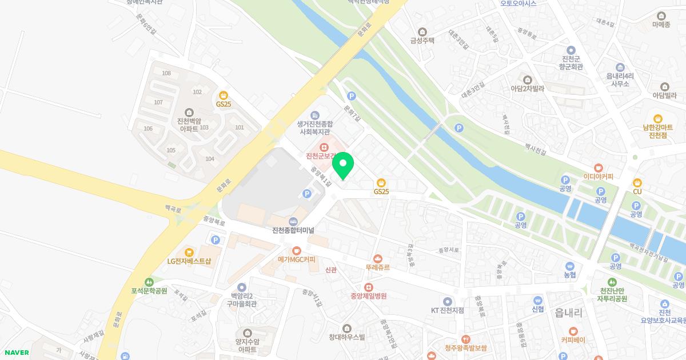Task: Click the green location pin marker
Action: pyautogui.click(x=343, y=165)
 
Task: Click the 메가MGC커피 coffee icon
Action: pyautogui.click(x=296, y=250)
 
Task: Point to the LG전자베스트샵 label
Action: pyautogui.click(x=189, y=261)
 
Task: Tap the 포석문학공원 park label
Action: pyautogui.click(x=149, y=291)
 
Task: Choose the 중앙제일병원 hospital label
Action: pyautogui.click(x=369, y=296)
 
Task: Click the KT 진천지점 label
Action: pyautogui.click(x=448, y=310)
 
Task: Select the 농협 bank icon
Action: pyautogui.click(x=569, y=266)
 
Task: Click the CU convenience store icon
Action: pyautogui.click(x=637, y=182)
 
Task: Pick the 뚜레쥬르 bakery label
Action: pyautogui.click(x=377, y=267)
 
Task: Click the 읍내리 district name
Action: pyautogui.click(x=568, y=313)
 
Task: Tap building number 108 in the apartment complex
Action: pyautogui.click(x=166, y=73)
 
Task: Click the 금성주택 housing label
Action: pyautogui.click(x=422, y=41)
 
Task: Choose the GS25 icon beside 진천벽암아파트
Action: pyautogui.click(x=223, y=95)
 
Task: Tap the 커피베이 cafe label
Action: pyautogui.click(x=573, y=340)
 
